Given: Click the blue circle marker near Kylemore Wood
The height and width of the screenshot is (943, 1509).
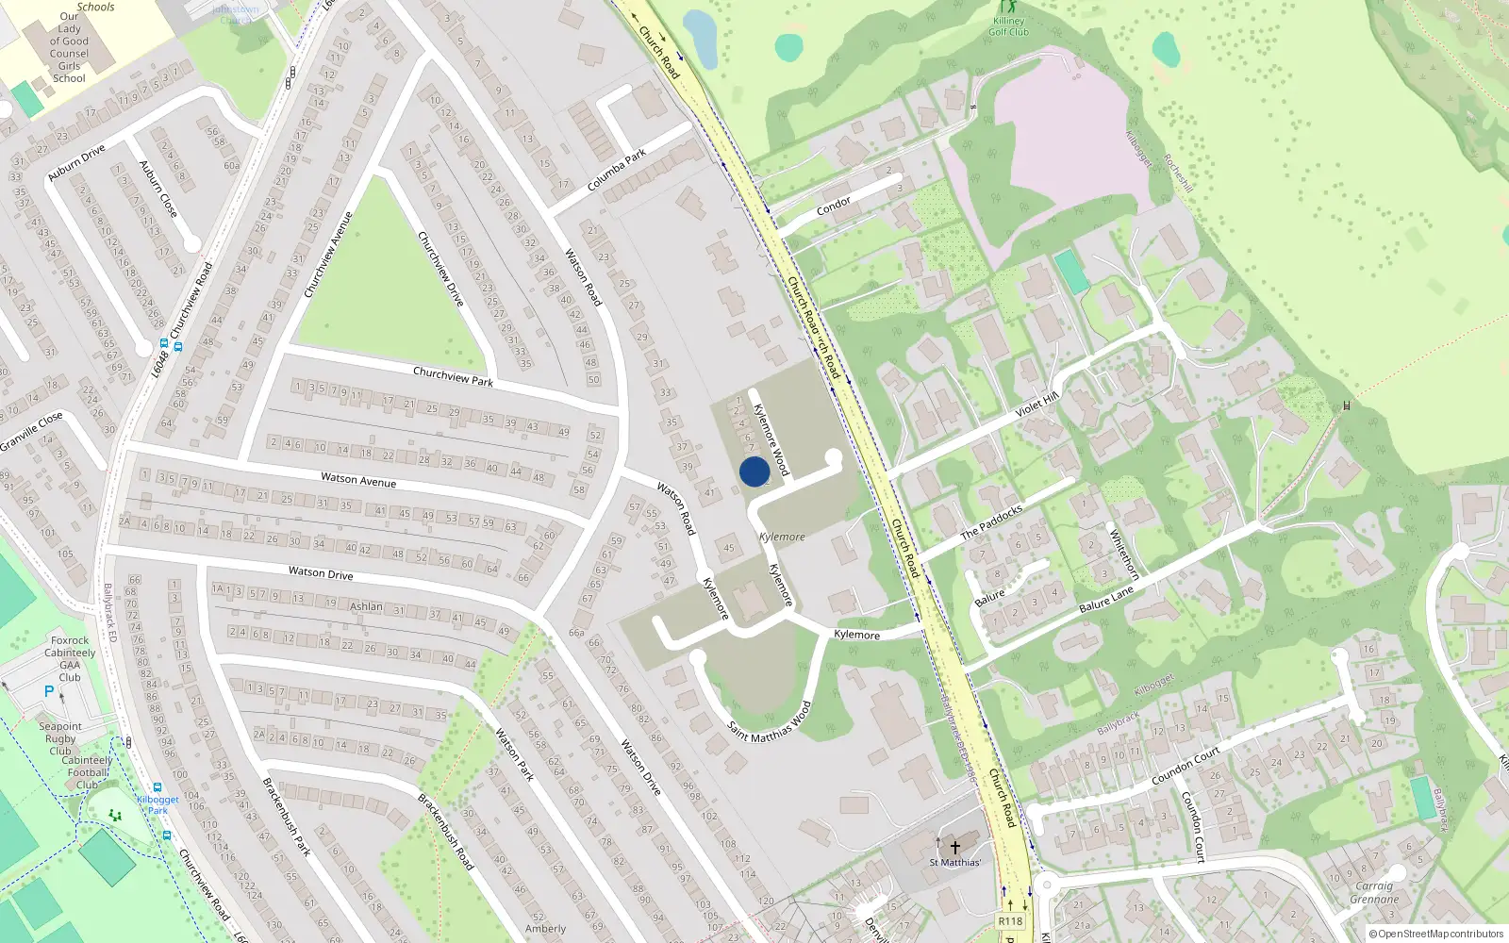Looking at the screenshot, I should coord(754,471).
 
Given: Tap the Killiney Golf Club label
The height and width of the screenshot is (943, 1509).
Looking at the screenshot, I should coord(1008,26).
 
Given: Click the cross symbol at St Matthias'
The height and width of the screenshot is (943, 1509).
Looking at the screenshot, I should coord(955,847).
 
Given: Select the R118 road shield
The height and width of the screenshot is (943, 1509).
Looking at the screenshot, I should coord(1010,921).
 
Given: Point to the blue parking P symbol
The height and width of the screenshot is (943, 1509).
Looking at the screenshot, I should coord(49,691).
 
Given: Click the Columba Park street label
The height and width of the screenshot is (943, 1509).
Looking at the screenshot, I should coord(617,170).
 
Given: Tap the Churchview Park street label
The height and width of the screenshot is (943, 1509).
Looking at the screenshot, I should coord(453,376).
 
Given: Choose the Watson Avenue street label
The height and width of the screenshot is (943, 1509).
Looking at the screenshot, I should coord(358,480).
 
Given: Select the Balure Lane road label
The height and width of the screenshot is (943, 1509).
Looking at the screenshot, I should coord(1106,600).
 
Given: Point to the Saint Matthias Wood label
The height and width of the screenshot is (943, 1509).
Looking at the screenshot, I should coord(770,722).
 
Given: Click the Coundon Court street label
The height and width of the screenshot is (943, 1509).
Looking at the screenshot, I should coord(1186,766).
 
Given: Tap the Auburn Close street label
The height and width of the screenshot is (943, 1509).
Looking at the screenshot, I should coord(158,189).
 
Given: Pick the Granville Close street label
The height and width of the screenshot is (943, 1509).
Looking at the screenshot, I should coord(31,431).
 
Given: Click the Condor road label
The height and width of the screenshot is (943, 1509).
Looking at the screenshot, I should coord(834,206).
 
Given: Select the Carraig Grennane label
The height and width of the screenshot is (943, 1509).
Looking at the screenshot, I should coord(1374,892).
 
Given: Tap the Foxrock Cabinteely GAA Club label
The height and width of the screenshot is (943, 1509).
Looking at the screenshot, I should coord(70,658).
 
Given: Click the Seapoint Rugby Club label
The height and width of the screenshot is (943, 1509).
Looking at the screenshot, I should coord(60,738).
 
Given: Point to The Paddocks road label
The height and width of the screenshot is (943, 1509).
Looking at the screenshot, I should coord(991,521).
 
